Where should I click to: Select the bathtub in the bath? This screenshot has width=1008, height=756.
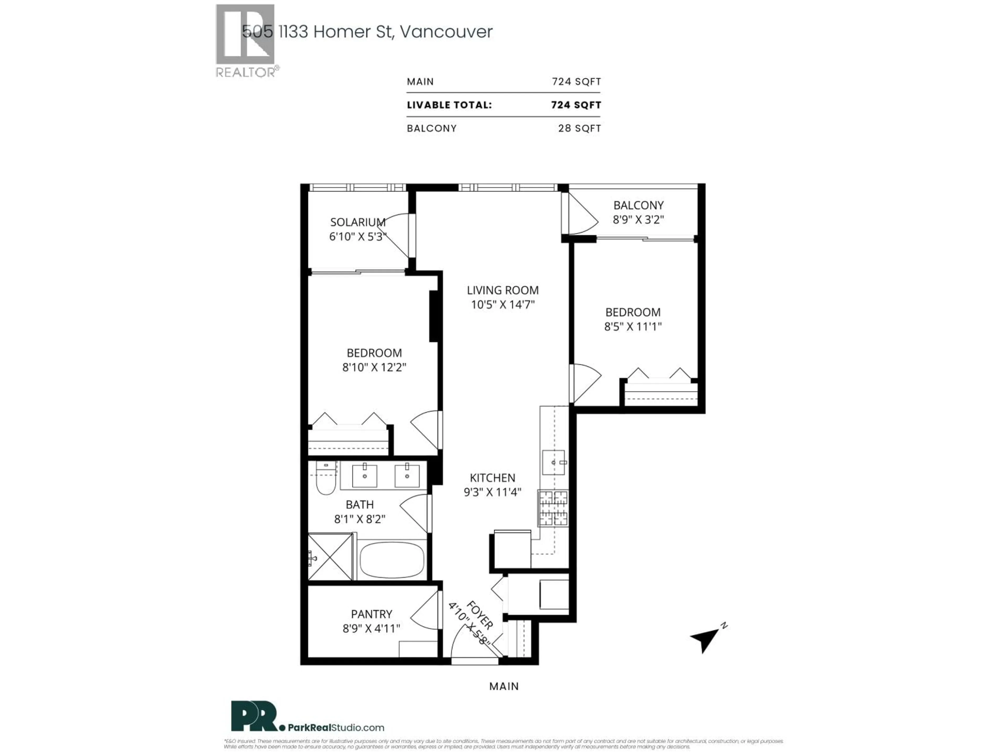[392, 560]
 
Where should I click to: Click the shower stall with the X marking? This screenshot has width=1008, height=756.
[330, 557]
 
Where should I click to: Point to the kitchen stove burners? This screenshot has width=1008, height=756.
[553, 508]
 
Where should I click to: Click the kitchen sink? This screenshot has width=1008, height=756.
[553, 463]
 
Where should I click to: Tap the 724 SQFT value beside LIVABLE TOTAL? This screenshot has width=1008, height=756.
[576, 105]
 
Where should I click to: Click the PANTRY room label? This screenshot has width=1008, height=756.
[371, 614]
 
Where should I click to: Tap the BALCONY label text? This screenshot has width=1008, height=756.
[638, 205]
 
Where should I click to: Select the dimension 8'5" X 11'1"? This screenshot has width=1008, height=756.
[633, 326]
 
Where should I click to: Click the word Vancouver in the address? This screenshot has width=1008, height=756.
[446, 31]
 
